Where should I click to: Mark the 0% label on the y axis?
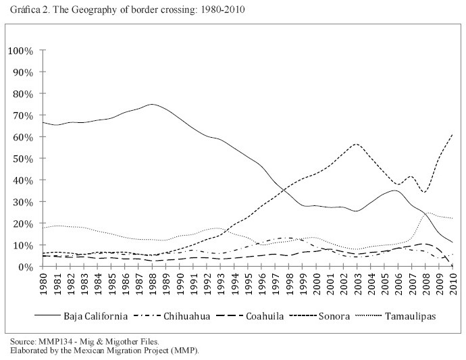click(x=26, y=267)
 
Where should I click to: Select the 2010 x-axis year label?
click(x=451, y=282)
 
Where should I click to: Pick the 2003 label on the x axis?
click(x=356, y=282)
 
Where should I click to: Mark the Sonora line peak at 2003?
click(x=356, y=144)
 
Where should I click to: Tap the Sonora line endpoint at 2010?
click(x=451, y=135)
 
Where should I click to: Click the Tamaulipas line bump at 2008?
click(x=425, y=213)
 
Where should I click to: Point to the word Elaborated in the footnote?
click(x=26, y=351)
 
